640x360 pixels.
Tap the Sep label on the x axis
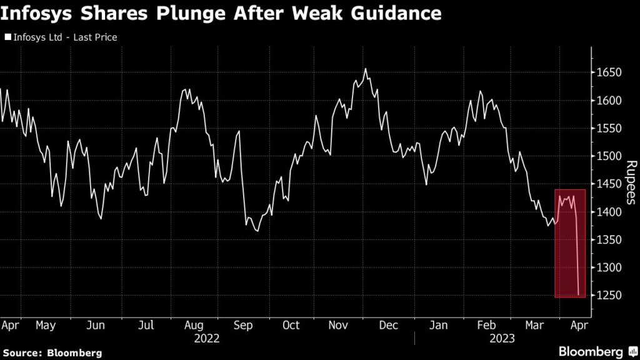(242, 326)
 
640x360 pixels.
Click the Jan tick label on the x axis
(438, 326)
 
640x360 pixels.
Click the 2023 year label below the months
(502, 338)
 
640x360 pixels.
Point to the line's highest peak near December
(366, 69)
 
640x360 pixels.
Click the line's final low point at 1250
(579, 294)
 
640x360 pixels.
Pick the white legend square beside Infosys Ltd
(7, 37)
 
